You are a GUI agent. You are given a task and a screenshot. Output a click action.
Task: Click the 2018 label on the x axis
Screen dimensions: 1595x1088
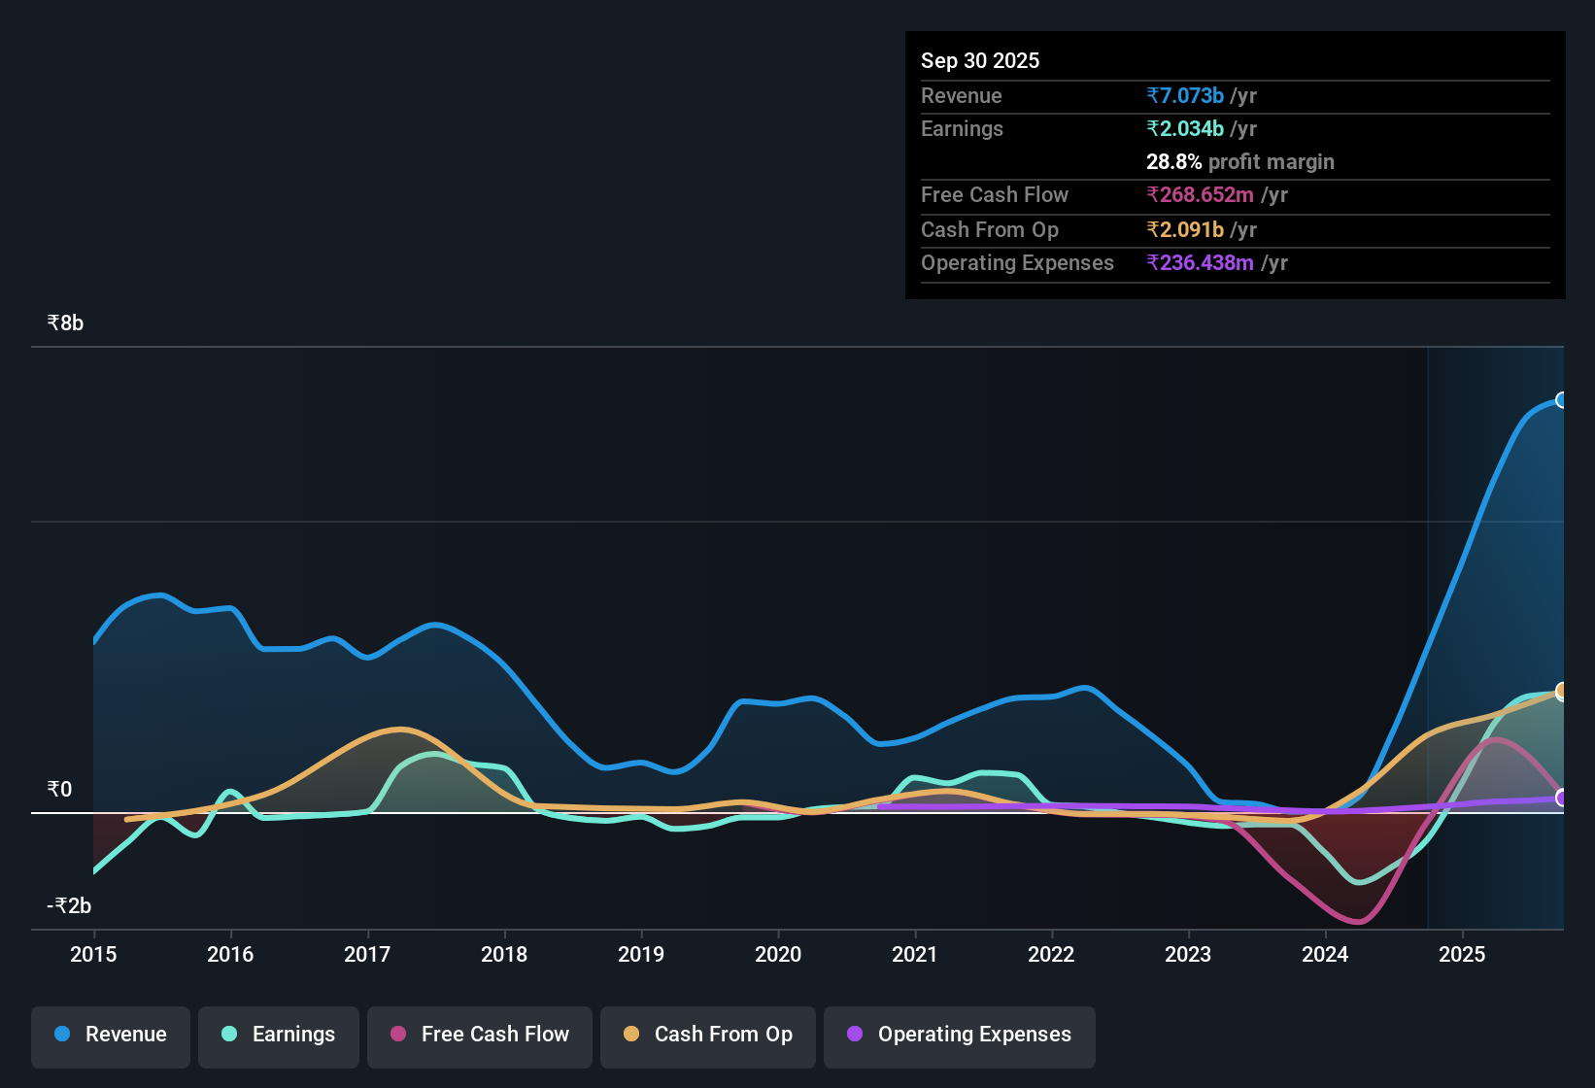pyautogui.click(x=504, y=954)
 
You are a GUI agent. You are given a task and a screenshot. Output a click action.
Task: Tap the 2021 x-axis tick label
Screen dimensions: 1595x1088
pyautogui.click(x=915, y=954)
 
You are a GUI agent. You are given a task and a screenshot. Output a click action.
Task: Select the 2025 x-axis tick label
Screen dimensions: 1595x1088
pyautogui.click(x=1462, y=954)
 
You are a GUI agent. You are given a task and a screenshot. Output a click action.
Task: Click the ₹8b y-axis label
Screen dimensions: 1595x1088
pyautogui.click(x=65, y=323)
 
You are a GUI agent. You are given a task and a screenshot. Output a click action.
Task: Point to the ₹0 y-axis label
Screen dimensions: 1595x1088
pyautogui.click(x=60, y=789)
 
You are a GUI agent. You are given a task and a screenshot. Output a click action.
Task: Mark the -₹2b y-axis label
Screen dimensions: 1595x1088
pyautogui.click(x=69, y=905)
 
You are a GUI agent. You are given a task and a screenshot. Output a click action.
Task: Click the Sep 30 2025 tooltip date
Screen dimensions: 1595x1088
pyautogui.click(x=980, y=60)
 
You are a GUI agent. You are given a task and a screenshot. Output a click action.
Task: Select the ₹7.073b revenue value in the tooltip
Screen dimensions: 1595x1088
pyautogui.click(x=1185, y=95)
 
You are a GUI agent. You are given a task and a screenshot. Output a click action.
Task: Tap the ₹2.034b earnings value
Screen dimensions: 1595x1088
pyautogui.click(x=1185, y=129)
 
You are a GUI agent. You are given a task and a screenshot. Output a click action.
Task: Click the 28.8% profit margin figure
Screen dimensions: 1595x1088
pyautogui.click(x=1174, y=161)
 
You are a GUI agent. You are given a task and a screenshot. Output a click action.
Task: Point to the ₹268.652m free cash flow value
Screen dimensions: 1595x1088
pyautogui.click(x=1200, y=195)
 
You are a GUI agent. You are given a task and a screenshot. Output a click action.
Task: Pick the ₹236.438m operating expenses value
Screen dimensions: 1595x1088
pyautogui.click(x=1200, y=262)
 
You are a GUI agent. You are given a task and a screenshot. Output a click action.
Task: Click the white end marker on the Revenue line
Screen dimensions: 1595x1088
pyautogui.click(x=1561, y=400)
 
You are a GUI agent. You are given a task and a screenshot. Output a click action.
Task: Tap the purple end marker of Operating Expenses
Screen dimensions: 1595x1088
pyautogui.click(x=1561, y=799)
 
